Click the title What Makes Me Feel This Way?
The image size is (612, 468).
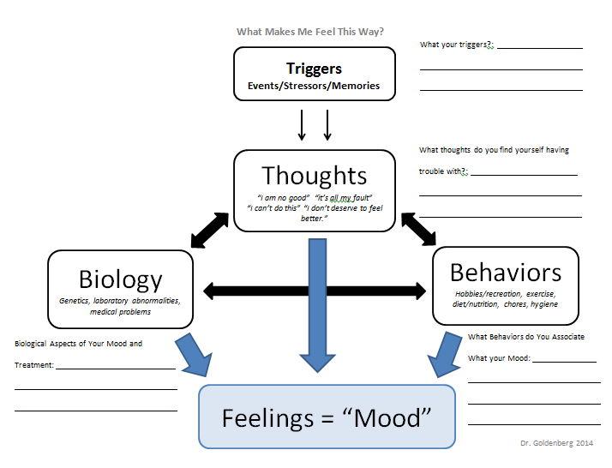[x=310, y=32]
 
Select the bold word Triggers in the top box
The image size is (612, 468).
[x=314, y=69]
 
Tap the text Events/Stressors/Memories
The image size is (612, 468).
[x=314, y=86]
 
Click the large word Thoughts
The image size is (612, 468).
[x=314, y=176]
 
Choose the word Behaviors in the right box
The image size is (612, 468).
[x=506, y=273]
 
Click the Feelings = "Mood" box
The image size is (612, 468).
[x=327, y=417]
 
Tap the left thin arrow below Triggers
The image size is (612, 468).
[x=302, y=124]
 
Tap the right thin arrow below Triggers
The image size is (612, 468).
[x=327, y=124]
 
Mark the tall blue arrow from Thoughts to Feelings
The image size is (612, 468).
[x=317, y=304]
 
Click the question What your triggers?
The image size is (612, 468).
[x=457, y=45]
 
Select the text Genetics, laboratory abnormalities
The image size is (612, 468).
[x=120, y=301]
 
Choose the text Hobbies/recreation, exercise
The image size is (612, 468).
[x=506, y=293]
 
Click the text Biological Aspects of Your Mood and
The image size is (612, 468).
[x=79, y=344]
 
